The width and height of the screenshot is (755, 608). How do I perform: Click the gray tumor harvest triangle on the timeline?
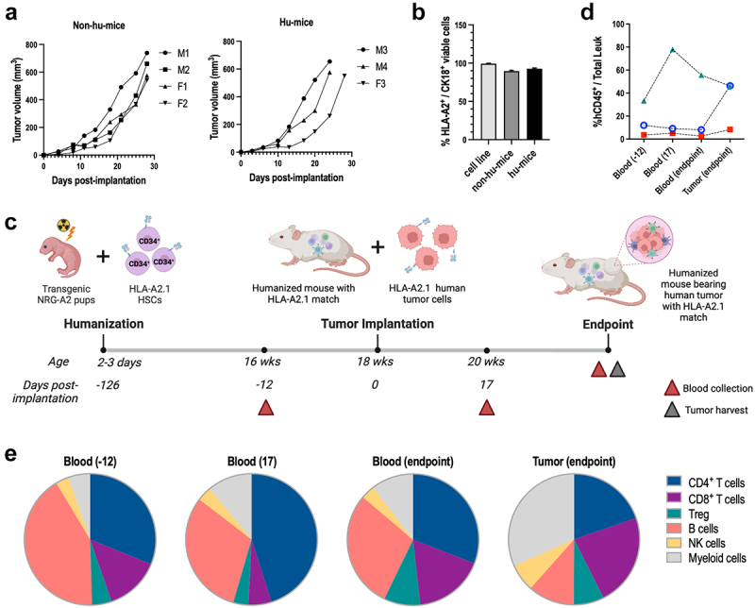tap(617, 368)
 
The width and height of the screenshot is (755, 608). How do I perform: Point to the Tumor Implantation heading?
tap(376, 324)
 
